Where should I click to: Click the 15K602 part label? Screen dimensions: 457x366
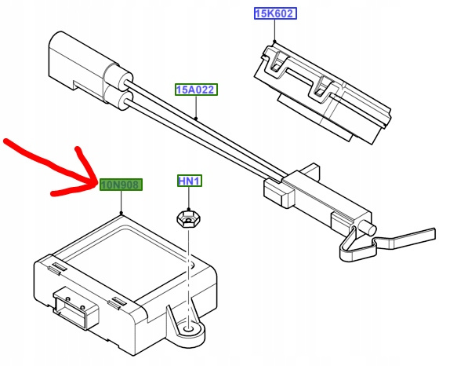(275, 13)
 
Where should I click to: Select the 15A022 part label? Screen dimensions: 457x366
(196, 90)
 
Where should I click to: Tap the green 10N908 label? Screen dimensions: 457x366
(121, 185)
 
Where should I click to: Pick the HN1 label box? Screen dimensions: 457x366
(190, 181)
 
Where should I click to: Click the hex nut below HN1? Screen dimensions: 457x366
(188, 219)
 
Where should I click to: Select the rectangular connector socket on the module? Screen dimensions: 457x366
(76, 309)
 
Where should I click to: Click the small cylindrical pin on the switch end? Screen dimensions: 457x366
(368, 228)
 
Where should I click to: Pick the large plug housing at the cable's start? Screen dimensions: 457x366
(76, 60)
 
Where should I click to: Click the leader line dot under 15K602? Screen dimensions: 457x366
(274, 42)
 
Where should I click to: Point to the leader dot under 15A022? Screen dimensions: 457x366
(196, 119)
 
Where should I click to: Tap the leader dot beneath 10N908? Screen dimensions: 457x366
(121, 213)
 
